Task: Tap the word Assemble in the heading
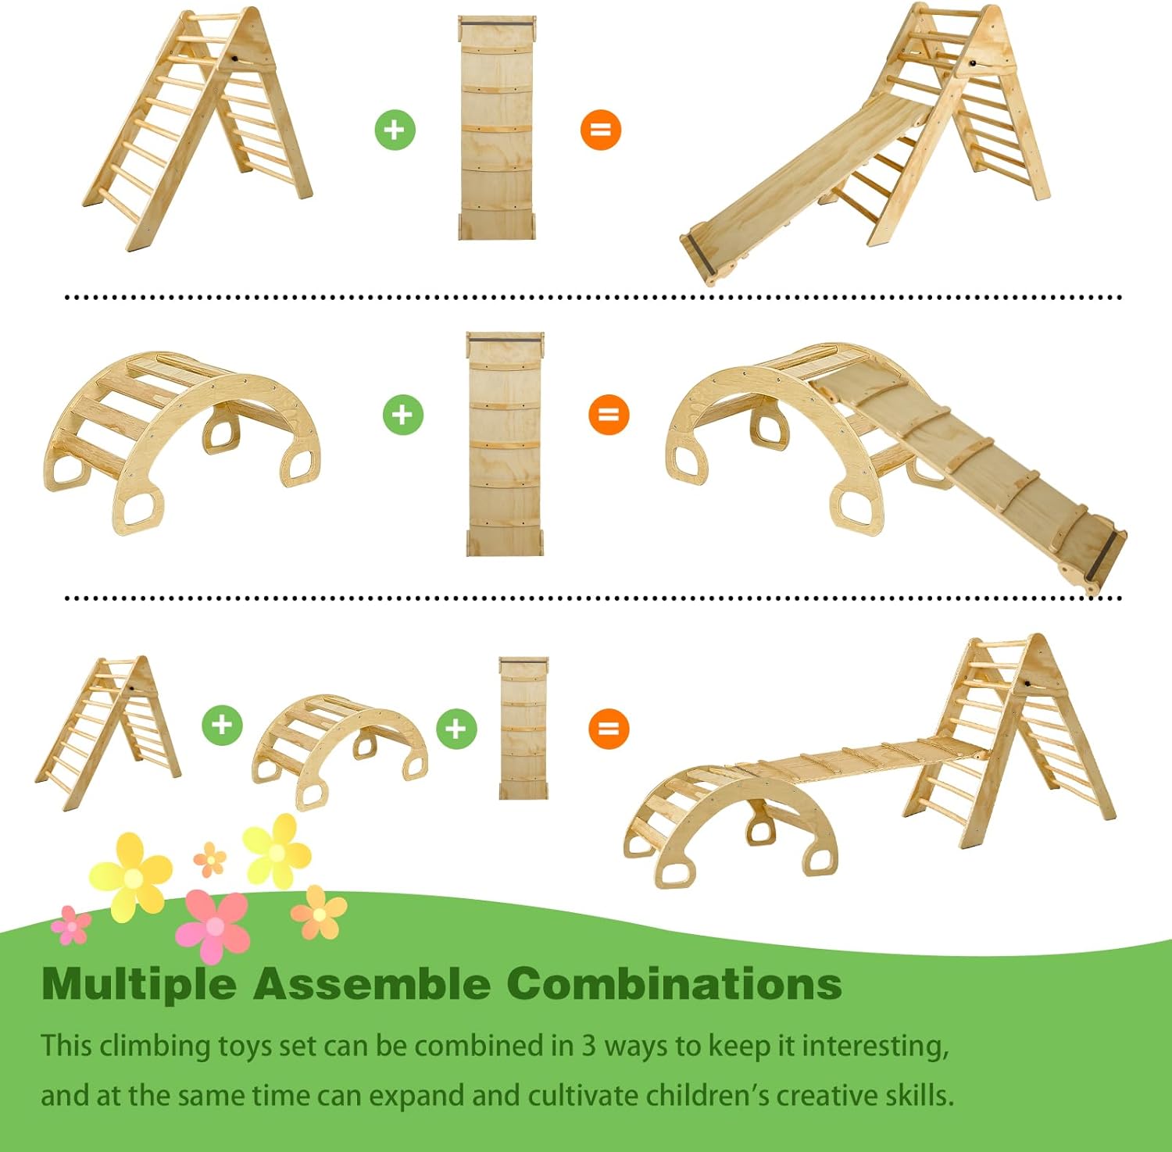coord(370,983)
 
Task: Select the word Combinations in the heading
coord(674,983)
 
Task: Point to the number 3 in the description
coord(588,1045)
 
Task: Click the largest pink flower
coord(213,926)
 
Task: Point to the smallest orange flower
coord(209,859)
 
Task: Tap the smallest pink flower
coord(71,925)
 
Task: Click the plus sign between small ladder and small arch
coord(222,724)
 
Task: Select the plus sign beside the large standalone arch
coord(402,415)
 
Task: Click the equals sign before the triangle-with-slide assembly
coord(600,130)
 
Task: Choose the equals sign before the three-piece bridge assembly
coord(609,729)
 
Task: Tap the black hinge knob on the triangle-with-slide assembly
coord(973,62)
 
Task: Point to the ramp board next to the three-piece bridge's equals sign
coord(523,728)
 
